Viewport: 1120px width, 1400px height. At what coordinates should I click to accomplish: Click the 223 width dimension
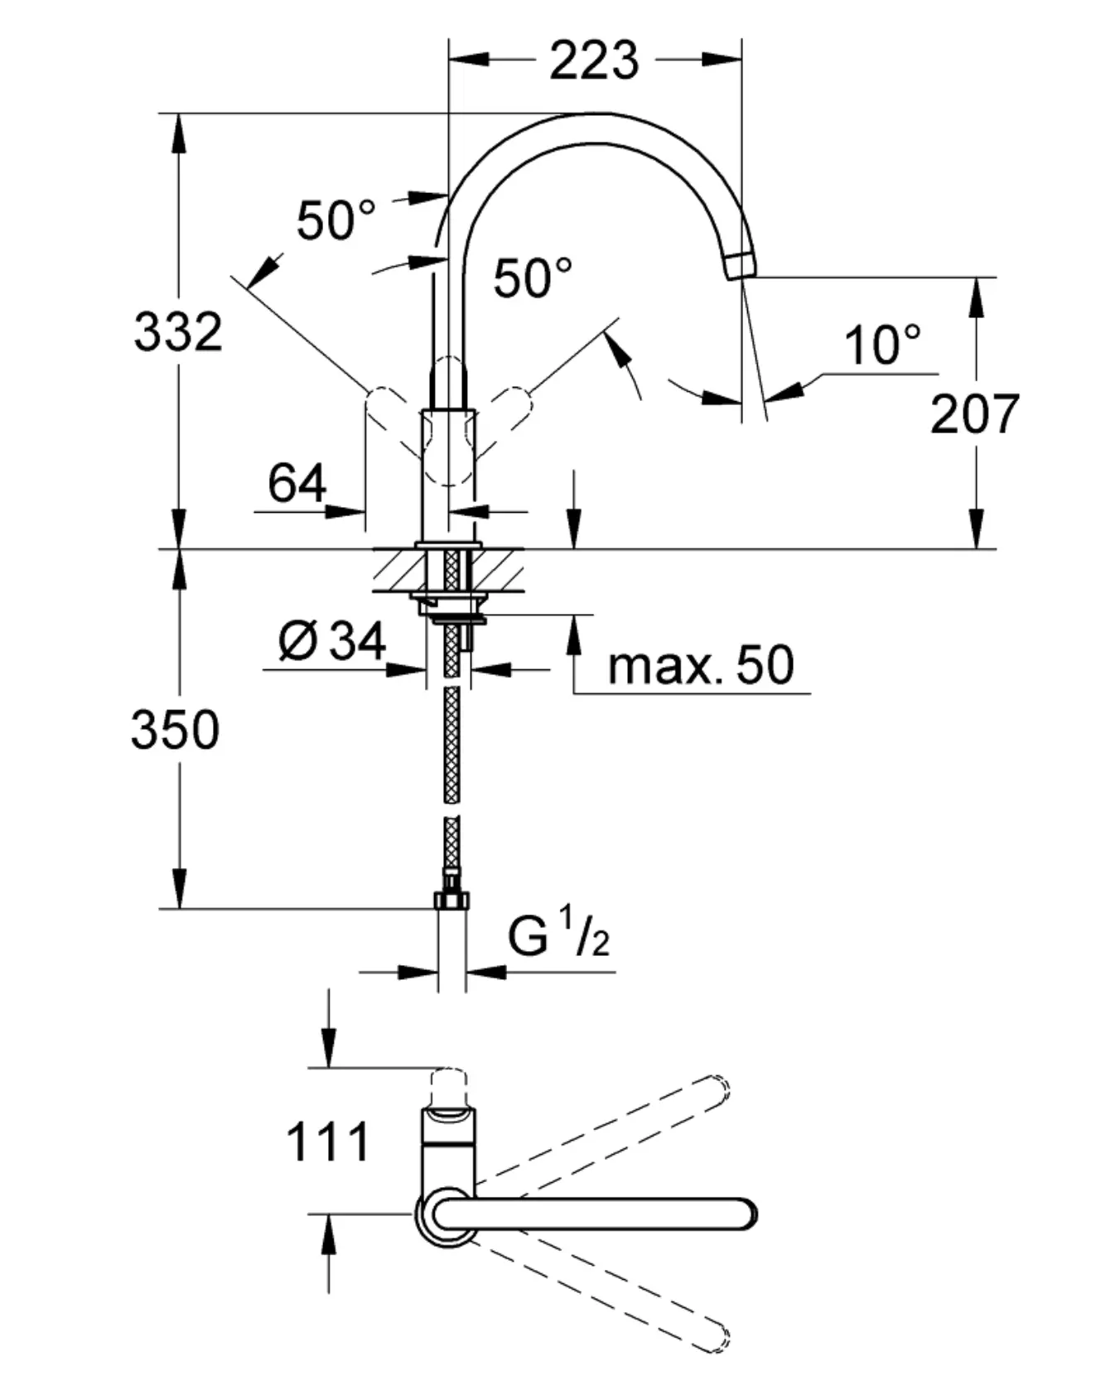pyautogui.click(x=594, y=60)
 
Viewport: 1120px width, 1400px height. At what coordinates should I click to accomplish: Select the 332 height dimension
pyautogui.click(x=178, y=331)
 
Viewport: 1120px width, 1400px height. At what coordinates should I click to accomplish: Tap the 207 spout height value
pyautogui.click(x=974, y=414)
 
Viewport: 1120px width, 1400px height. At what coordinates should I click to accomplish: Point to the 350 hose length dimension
pyautogui.click(x=175, y=730)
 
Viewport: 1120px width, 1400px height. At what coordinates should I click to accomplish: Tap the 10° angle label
pyautogui.click(x=882, y=345)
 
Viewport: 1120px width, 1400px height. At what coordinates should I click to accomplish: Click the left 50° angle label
pyautogui.click(x=336, y=220)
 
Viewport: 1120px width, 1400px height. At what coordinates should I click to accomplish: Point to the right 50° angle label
pyautogui.click(x=533, y=277)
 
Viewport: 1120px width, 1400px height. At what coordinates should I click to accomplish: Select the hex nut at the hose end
pyautogui.click(x=451, y=900)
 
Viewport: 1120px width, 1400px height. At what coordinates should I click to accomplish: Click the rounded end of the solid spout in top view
pyautogui.click(x=745, y=1214)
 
